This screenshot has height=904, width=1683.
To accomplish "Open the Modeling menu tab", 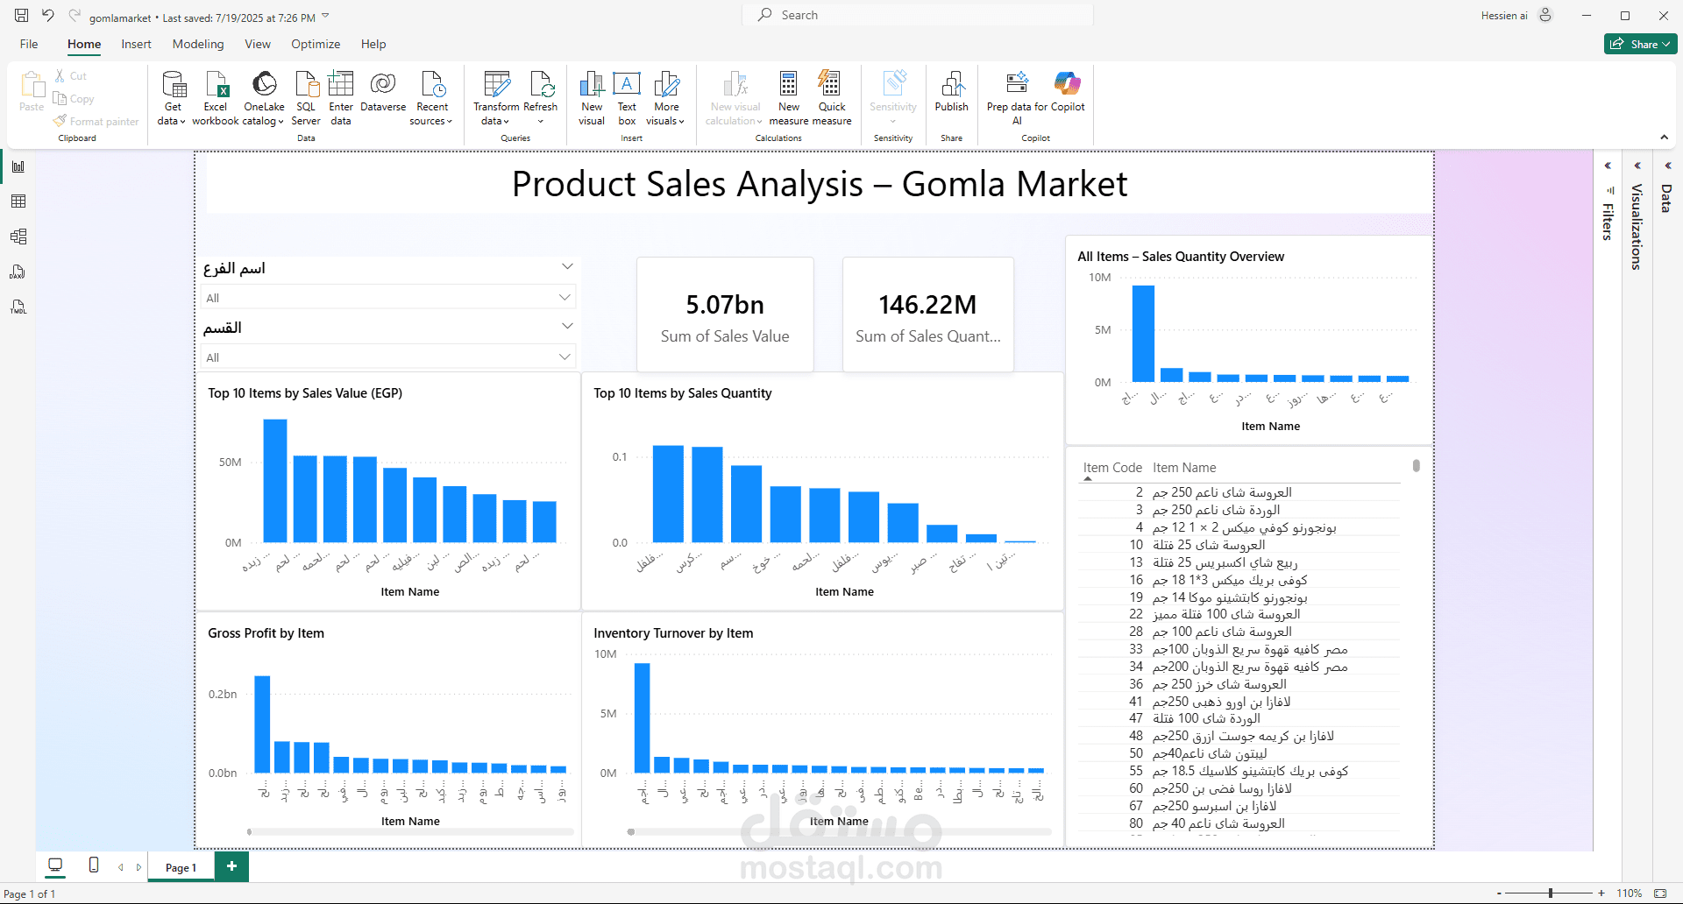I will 198,44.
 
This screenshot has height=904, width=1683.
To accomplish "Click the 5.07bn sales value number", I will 725,305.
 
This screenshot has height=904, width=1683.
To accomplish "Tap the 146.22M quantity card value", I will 927,305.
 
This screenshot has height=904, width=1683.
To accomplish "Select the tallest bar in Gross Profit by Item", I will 262,724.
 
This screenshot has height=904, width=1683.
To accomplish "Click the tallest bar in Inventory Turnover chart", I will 643,717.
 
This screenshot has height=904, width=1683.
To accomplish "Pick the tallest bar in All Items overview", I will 1143,334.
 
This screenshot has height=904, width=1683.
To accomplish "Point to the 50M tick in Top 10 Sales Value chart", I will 231,463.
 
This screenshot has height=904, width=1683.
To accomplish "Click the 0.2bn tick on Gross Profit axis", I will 223,695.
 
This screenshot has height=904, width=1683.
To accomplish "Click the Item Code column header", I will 1112,468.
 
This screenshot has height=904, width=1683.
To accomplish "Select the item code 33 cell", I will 1136,649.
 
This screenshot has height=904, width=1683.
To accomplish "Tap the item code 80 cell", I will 1136,823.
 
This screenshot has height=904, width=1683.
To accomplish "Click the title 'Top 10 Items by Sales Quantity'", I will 683,393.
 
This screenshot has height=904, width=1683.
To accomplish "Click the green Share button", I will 1640,44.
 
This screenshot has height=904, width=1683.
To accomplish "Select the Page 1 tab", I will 181,867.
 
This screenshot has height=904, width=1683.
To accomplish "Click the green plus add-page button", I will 231,866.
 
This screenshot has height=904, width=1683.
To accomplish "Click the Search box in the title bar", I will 916,15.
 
